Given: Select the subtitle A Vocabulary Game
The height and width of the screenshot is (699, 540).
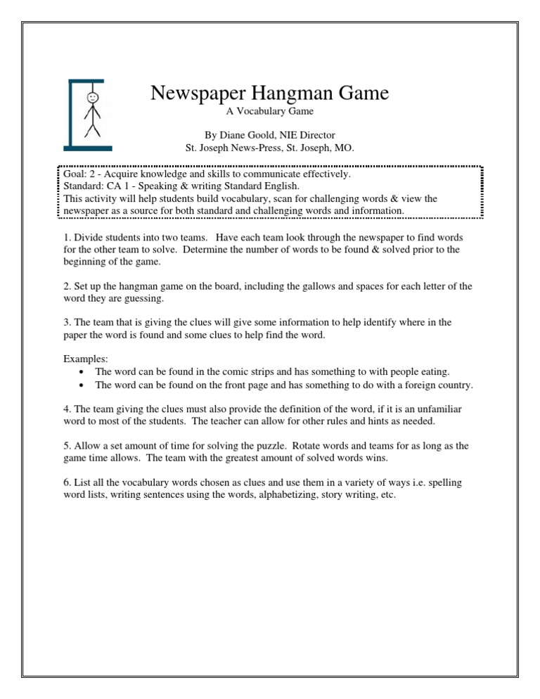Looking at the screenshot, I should point(269,112).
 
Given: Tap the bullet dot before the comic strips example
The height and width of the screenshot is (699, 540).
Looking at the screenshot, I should point(84,371).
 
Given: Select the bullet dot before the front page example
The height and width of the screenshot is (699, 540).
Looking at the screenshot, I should point(84,385).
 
